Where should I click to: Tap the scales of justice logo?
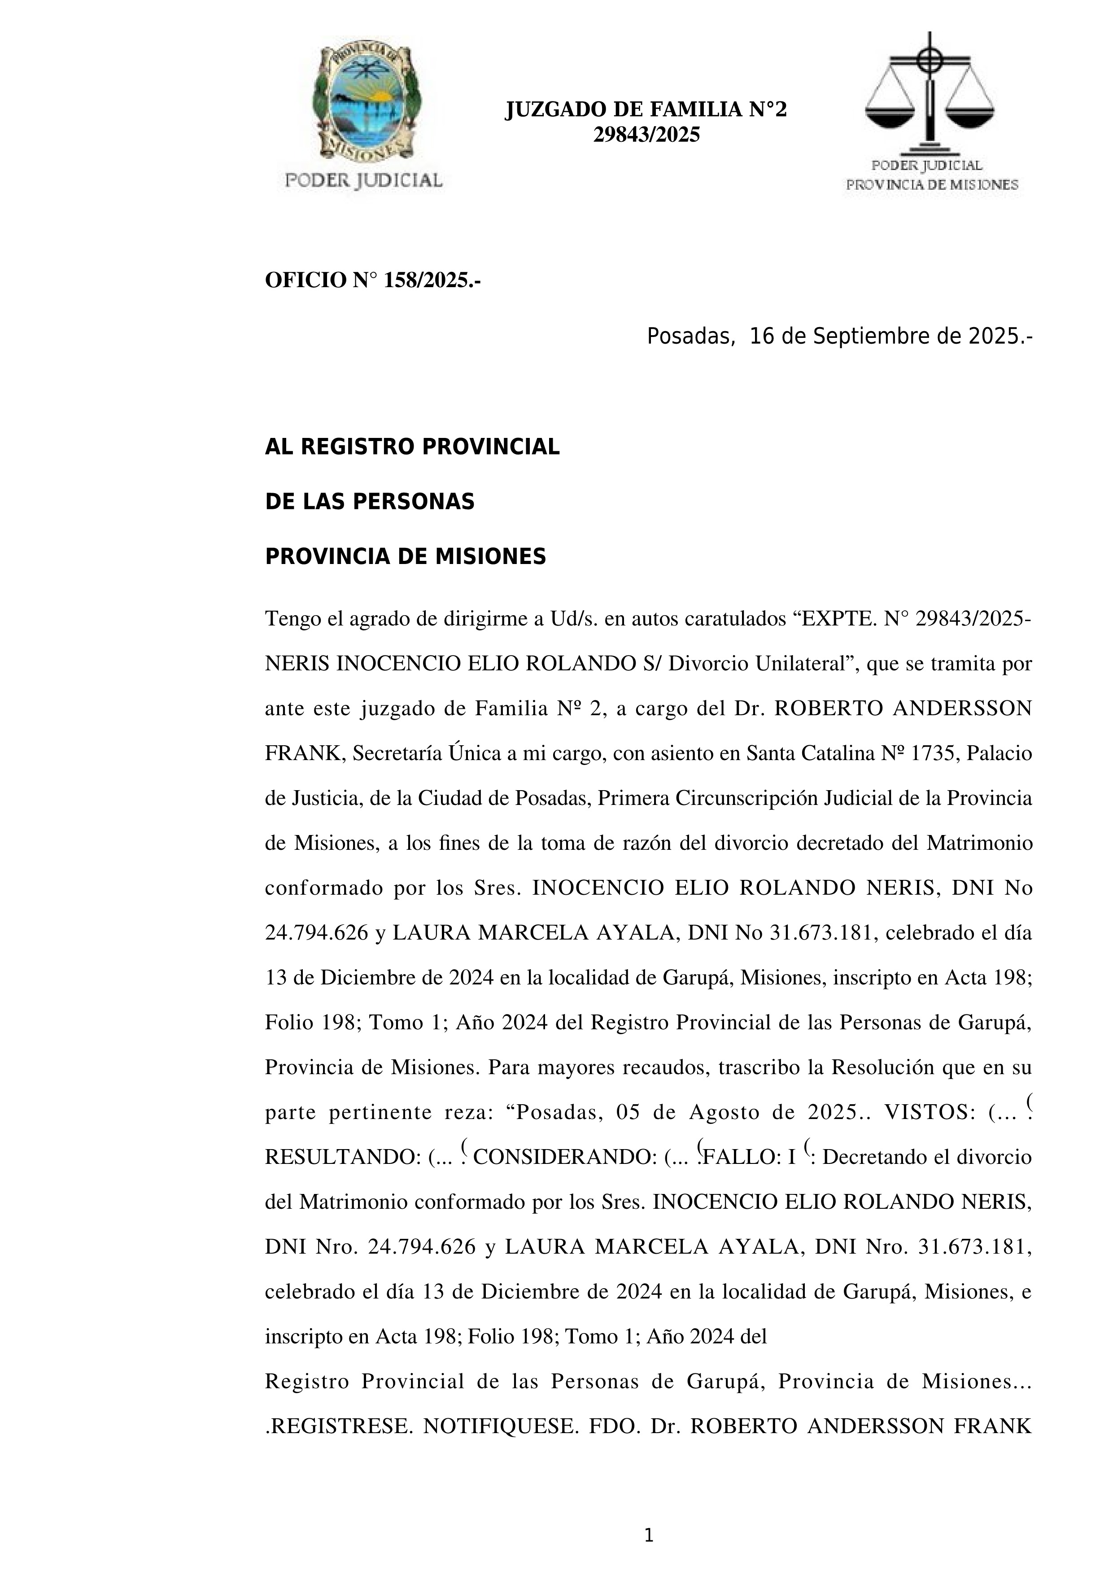click(x=930, y=92)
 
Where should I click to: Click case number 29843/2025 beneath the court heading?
click(x=646, y=135)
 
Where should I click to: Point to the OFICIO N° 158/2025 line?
click(x=372, y=280)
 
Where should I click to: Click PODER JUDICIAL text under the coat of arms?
click(x=363, y=180)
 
